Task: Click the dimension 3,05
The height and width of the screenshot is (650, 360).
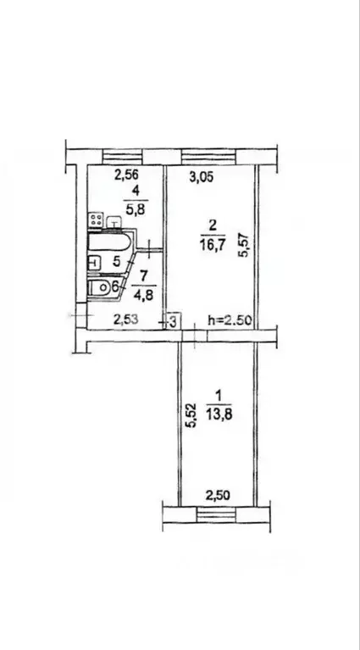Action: click(201, 177)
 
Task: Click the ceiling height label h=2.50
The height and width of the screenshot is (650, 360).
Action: click(229, 320)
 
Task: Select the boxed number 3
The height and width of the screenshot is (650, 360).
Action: click(172, 321)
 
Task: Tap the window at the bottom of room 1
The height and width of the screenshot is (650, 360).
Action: click(217, 512)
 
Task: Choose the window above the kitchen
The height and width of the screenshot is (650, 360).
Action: click(125, 155)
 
